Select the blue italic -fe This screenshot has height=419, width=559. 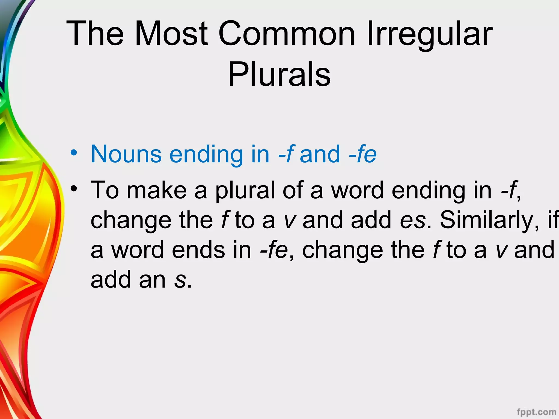tap(363, 154)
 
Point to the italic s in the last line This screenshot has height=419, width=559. tap(180, 280)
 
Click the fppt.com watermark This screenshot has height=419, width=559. tap(536, 412)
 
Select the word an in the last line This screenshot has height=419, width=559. tap(152, 280)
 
